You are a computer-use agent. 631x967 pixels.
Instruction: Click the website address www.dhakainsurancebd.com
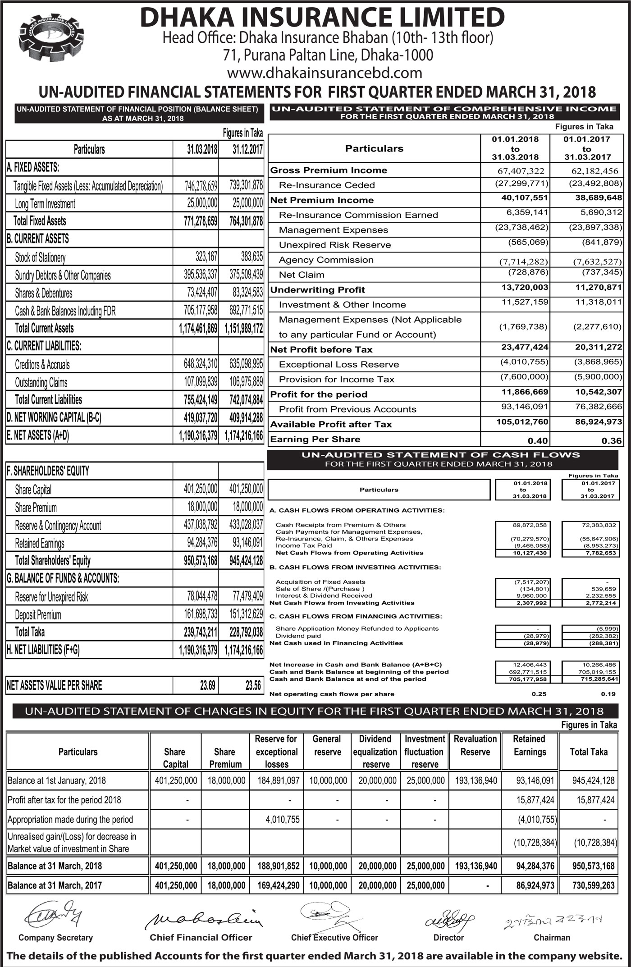tap(325, 73)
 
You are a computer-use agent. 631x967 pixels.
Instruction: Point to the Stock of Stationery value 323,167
tap(206, 257)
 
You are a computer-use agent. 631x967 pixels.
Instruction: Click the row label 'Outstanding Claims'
tap(41, 383)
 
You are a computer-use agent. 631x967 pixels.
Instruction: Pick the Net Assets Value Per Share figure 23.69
tap(207, 686)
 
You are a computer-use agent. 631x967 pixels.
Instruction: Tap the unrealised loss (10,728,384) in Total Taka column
tap(595, 843)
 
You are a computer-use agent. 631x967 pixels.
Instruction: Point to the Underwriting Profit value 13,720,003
tap(525, 288)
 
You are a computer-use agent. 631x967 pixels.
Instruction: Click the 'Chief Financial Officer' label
tap(201, 938)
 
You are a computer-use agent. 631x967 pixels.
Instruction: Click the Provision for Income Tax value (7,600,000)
tap(524, 377)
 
